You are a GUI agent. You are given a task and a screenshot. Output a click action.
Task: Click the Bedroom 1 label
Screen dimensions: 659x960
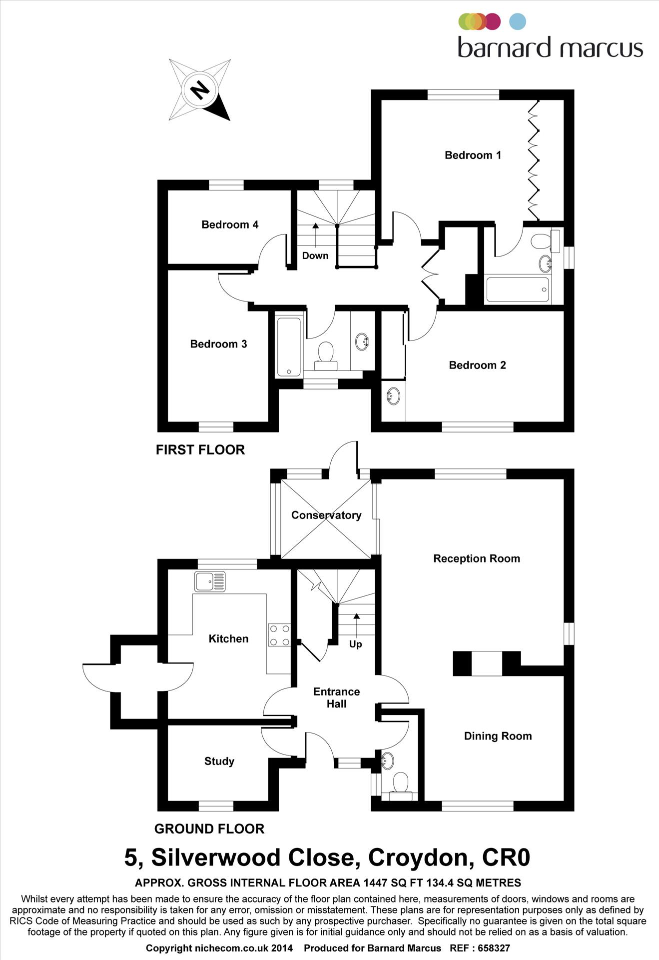point(473,155)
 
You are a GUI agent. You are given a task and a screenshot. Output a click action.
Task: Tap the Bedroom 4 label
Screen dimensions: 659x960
point(230,224)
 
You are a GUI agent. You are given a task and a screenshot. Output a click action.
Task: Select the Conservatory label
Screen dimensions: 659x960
point(326,515)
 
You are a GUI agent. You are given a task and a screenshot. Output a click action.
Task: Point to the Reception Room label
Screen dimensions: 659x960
point(476,558)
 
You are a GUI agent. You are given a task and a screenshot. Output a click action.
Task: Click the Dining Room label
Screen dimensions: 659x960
point(498,736)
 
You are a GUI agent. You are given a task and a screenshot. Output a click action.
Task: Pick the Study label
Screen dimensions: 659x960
point(219,761)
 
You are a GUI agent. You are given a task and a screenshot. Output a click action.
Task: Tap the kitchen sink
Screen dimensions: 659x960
point(210,581)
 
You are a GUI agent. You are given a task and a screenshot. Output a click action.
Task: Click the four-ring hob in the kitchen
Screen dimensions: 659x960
point(279,635)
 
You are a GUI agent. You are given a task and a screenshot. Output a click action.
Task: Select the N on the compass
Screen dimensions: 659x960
point(200,90)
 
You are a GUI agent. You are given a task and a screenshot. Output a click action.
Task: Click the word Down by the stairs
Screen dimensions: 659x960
point(315,255)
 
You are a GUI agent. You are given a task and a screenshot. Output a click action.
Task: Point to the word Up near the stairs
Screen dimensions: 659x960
point(355,644)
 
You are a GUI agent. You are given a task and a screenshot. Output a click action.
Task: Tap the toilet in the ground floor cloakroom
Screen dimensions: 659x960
point(401,783)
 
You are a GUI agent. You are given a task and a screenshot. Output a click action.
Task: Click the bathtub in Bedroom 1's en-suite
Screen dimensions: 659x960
point(518,289)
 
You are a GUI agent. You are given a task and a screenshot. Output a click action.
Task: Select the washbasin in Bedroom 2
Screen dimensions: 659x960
point(393,396)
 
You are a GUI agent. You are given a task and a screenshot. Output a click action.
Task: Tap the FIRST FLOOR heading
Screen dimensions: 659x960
point(200,449)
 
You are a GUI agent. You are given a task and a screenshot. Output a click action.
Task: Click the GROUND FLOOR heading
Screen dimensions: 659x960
point(209,829)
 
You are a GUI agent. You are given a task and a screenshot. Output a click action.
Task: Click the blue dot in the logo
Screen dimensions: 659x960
point(518,21)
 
